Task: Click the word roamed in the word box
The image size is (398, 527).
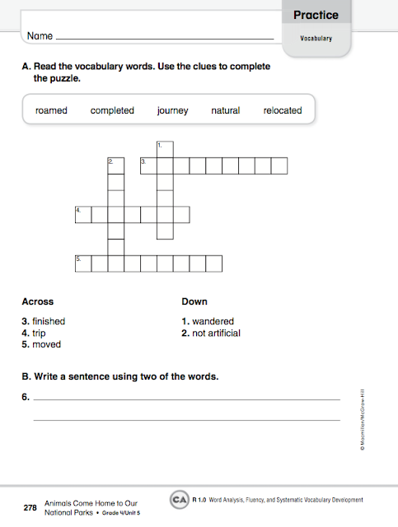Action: coord(51,110)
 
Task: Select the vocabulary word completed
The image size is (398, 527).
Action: coord(112,110)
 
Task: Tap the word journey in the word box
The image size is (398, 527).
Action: coord(172,110)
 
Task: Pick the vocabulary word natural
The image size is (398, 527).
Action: coord(225,110)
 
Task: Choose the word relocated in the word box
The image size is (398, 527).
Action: coord(283,110)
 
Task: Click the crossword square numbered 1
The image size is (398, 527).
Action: coord(164,150)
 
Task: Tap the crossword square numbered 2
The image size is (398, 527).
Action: coord(115,166)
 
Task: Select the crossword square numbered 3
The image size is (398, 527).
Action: coord(147,166)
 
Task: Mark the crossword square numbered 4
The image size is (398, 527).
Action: coord(82,215)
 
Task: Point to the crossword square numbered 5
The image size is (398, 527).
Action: coord(82,263)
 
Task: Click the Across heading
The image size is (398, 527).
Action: coord(38,302)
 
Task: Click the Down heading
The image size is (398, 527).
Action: coord(194,302)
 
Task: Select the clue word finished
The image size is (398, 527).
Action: coord(49,321)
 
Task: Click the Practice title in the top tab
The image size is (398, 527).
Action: coord(316,15)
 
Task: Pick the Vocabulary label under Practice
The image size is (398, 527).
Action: coord(316,38)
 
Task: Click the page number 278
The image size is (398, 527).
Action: coord(30,508)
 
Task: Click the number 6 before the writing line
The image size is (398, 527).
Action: coord(26,398)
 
